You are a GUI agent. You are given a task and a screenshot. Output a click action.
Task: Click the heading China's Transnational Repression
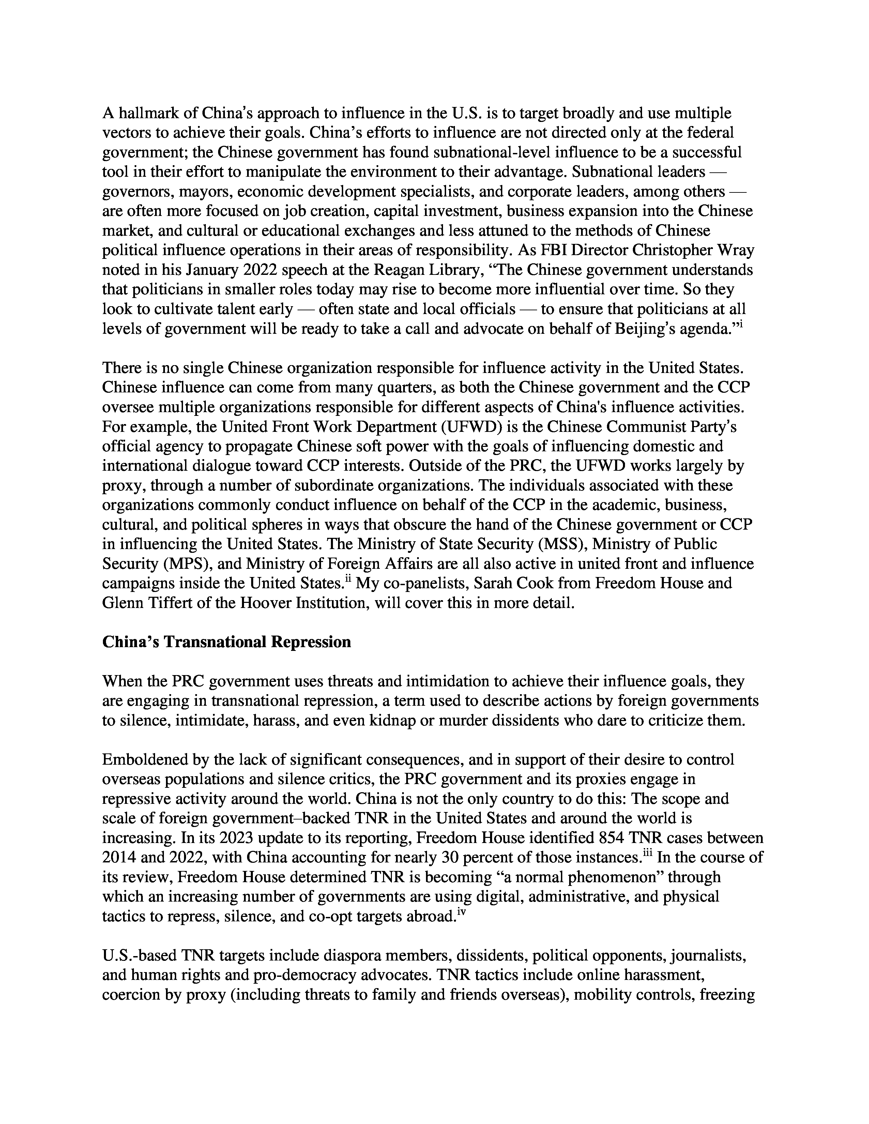pos(227,642)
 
